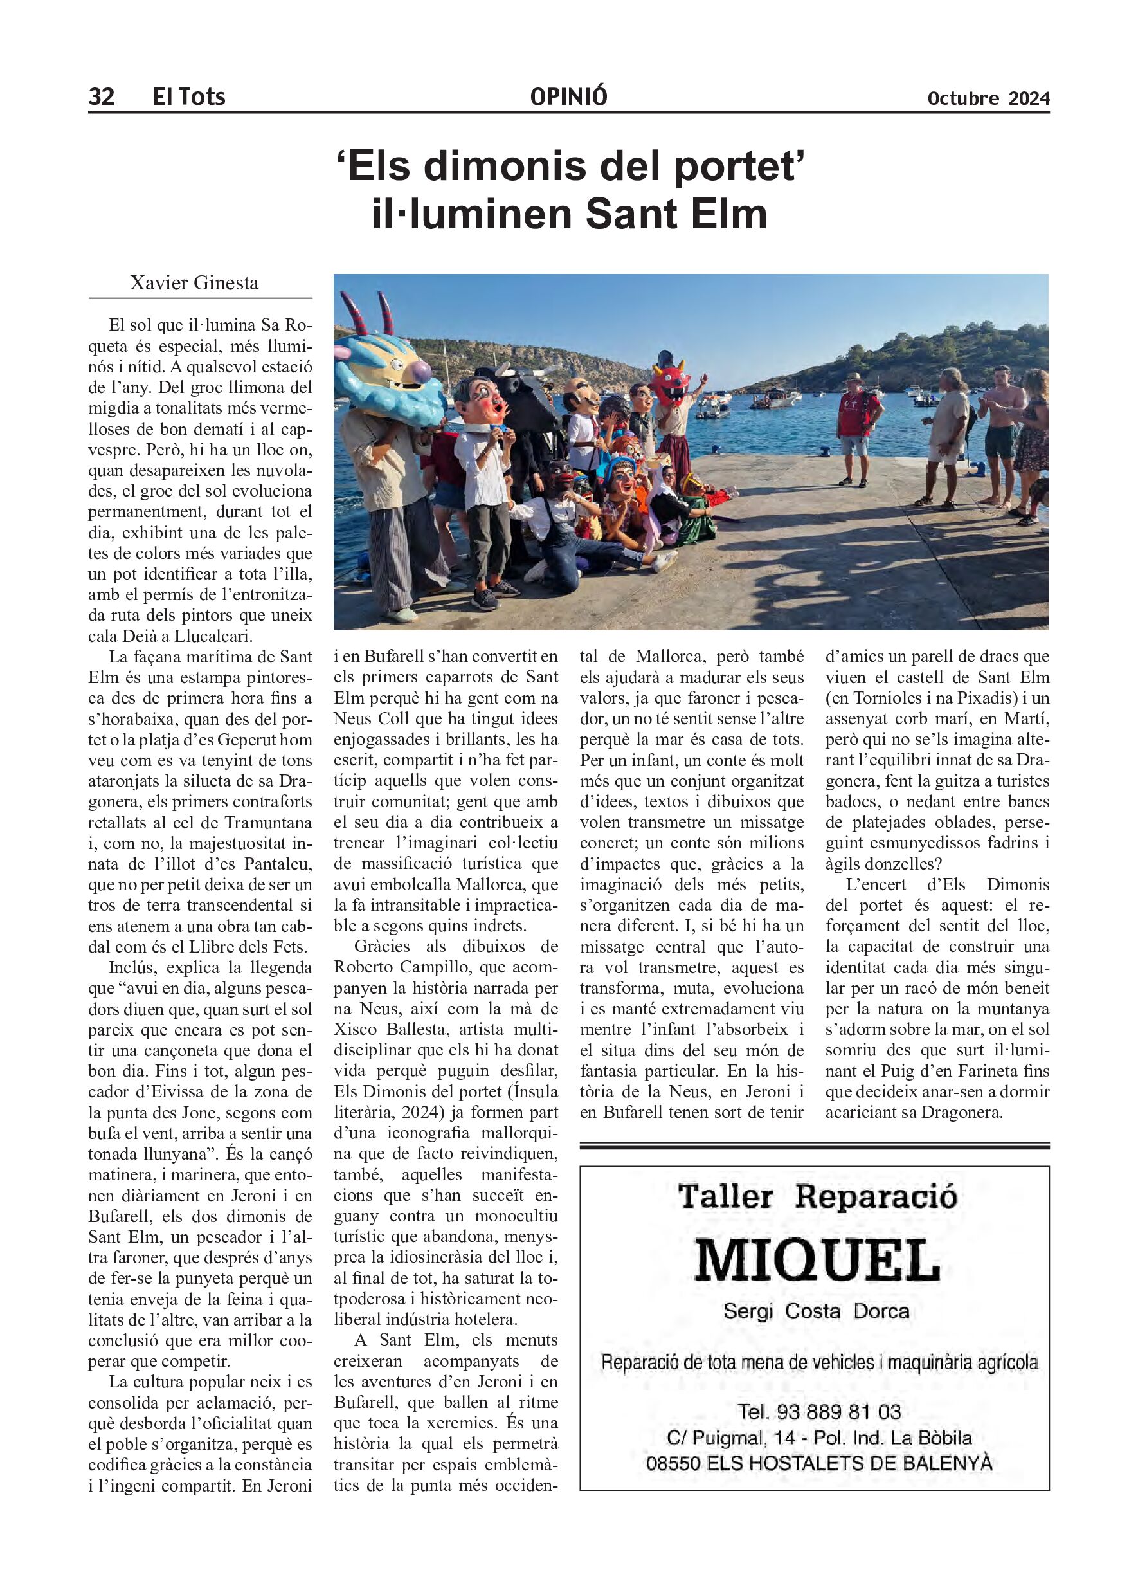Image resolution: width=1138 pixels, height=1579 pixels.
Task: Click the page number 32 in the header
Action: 101,96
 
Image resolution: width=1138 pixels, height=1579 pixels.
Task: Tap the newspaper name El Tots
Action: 188,96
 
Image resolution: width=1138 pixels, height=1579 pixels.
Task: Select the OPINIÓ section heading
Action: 568,96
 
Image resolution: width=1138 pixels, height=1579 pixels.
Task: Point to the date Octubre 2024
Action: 988,98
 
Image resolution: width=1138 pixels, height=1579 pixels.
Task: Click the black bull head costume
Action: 528,397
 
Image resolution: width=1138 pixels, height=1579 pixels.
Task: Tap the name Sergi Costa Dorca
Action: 816,1311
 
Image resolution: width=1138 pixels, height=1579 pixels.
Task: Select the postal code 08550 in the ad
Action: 673,1463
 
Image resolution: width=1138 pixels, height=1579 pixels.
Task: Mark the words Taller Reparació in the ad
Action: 817,1196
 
